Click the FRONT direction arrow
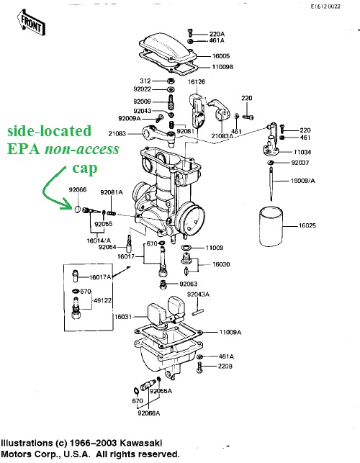tap(31, 22)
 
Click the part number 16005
tap(221, 56)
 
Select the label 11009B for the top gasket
tap(222, 67)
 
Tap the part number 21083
tap(117, 134)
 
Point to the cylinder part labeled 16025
tap(271, 227)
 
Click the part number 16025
tap(307, 225)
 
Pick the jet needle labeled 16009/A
tap(271, 184)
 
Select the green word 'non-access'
tap(82, 149)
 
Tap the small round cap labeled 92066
tap(77, 209)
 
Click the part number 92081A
tap(112, 192)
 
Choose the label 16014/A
tap(99, 241)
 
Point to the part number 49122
tap(102, 300)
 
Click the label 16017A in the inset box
tap(100, 277)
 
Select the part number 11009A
tap(230, 333)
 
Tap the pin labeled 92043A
tap(197, 312)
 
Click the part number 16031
tap(123, 317)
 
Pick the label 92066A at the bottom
tap(149, 413)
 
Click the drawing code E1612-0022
tap(325, 6)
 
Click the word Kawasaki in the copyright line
tap(141, 444)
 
